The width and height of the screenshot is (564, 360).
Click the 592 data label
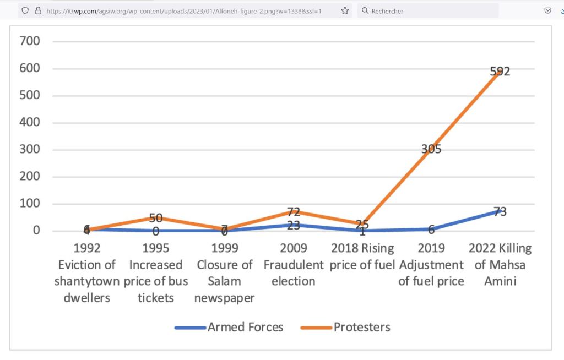[500, 71]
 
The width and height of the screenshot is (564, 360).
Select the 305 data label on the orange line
[431, 149]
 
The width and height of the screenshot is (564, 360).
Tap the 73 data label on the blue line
[500, 211]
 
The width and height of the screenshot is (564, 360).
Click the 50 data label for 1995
[156, 219]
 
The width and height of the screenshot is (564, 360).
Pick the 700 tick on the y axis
[29, 41]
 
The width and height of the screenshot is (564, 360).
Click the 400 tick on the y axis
[29, 122]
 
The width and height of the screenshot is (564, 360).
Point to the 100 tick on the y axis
[29, 203]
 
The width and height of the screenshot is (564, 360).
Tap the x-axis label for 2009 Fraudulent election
[294, 265]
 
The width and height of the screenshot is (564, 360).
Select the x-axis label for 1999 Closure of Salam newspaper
[224, 273]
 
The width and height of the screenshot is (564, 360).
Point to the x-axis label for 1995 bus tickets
[156, 273]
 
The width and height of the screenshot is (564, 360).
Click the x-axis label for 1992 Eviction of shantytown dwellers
[86, 273]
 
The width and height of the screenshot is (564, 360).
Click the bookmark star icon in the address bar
[345, 10]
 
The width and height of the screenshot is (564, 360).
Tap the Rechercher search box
[430, 11]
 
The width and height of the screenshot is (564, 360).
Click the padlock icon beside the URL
[39, 10]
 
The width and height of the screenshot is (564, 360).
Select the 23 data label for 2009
[294, 225]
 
